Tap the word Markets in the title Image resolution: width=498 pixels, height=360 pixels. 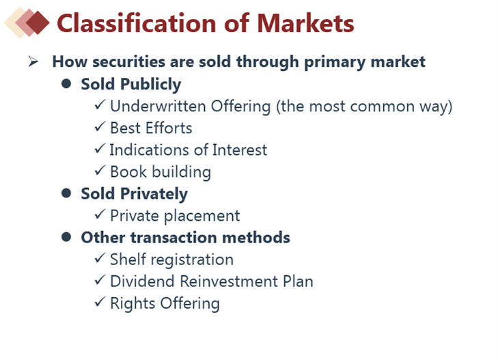point(305,23)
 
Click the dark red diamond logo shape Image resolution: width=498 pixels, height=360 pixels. point(38,23)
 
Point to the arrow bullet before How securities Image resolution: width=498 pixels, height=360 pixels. point(33,61)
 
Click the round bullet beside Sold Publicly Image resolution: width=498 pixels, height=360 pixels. point(66,84)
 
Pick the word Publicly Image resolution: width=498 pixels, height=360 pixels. point(150,85)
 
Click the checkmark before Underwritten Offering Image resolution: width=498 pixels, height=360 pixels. point(100,105)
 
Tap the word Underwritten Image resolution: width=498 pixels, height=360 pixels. point(158,107)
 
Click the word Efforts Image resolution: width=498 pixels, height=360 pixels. point(169,128)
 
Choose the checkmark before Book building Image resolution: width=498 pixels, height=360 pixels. point(100,170)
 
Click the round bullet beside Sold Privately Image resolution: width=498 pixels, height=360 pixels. point(66,193)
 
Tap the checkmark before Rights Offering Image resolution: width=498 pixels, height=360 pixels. point(100,301)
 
